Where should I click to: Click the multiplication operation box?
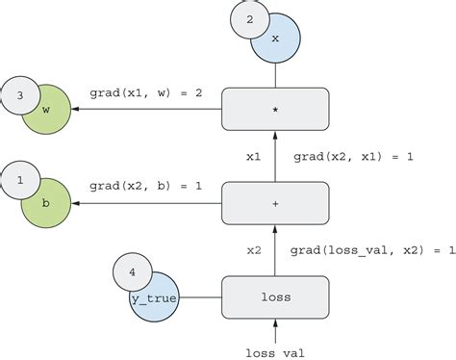tap(275, 109)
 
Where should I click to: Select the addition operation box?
tap(275, 203)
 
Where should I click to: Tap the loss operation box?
tap(275, 297)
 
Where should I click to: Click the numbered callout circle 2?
tap(250, 19)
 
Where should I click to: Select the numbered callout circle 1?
tap(21, 179)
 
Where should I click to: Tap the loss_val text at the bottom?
tap(276, 352)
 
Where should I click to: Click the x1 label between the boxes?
tap(254, 155)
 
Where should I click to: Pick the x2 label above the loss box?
tap(254, 250)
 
